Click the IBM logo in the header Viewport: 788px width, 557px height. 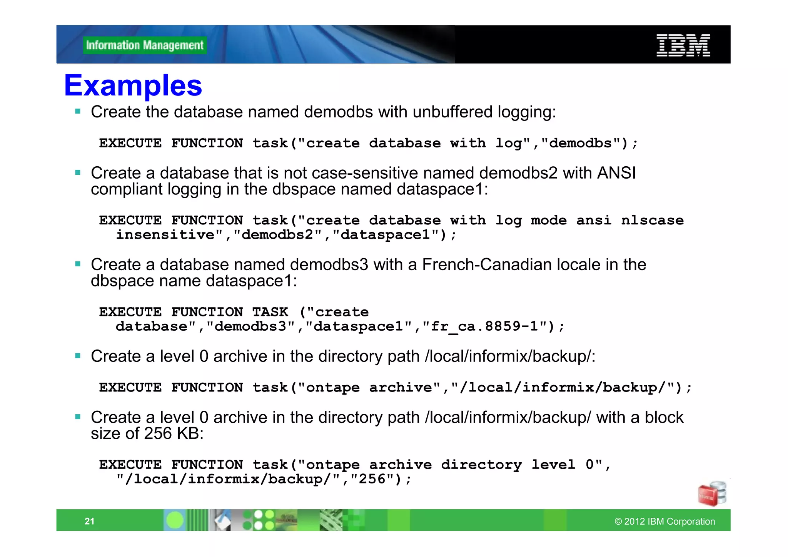(683, 45)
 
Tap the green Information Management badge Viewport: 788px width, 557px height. (145, 45)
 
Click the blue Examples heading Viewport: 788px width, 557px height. (133, 85)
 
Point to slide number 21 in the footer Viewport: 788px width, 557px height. (90, 521)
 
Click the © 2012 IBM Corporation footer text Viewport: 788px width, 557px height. (664, 521)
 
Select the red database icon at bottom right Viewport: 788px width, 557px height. (711, 493)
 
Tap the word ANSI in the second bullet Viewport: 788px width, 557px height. (616, 173)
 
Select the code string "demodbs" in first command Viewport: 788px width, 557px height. (580, 143)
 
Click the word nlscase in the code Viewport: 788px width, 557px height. (652, 220)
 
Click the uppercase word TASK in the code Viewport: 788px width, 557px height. (270, 312)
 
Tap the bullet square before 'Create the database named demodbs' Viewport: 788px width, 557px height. (78, 112)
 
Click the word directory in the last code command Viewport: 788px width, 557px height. (481, 465)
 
